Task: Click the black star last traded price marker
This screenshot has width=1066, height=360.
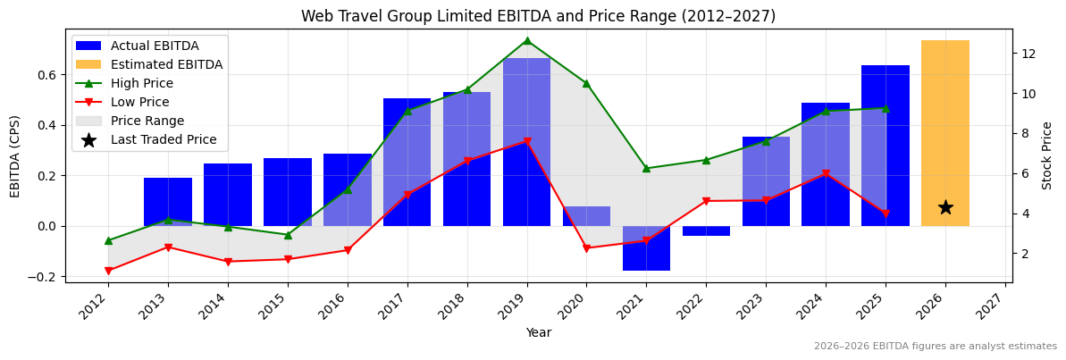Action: point(945,207)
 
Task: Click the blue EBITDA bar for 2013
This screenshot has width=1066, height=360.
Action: point(168,202)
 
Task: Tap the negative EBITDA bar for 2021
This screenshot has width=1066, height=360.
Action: point(646,248)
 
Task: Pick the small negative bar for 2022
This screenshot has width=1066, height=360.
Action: point(706,230)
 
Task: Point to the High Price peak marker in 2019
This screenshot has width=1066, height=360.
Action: point(526,40)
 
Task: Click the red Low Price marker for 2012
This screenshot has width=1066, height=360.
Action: point(108,271)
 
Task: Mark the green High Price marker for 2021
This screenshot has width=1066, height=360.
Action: point(646,168)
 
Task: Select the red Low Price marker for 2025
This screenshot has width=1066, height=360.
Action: point(886,213)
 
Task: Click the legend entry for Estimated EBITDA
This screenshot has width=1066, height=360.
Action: point(166,64)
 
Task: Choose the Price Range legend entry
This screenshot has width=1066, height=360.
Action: point(147,121)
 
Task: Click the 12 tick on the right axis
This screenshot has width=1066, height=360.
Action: point(1028,54)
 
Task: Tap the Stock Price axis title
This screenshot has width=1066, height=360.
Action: point(1047,155)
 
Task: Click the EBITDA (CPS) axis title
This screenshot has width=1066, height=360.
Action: point(15,155)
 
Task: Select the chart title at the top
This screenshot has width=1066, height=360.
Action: point(538,16)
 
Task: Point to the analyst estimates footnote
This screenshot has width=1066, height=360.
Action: point(935,347)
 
